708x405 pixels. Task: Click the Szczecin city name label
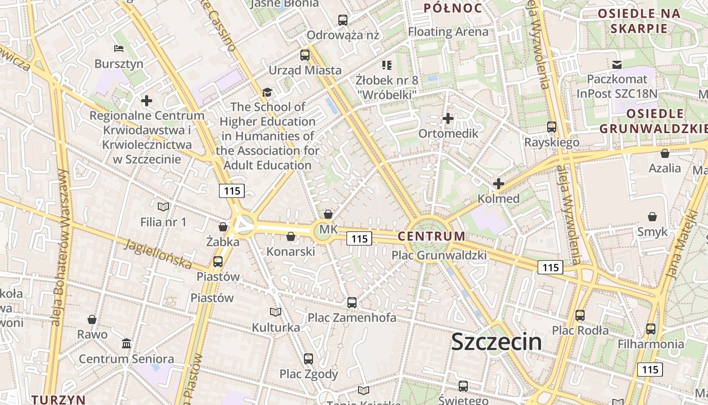click(496, 342)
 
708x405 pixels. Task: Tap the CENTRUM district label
click(431, 236)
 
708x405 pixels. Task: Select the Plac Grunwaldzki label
click(439, 255)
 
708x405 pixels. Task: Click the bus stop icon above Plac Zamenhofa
click(352, 303)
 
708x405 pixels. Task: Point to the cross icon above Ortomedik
click(448, 118)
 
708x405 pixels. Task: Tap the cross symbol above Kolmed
click(499, 184)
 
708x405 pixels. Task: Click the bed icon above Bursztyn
click(119, 49)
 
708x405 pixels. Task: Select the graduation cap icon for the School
click(267, 93)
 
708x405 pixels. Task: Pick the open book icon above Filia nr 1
click(163, 207)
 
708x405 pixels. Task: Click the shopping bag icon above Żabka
click(223, 227)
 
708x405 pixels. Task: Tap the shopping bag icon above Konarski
click(291, 236)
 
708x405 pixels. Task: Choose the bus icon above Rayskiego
click(552, 127)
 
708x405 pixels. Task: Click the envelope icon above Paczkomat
click(617, 64)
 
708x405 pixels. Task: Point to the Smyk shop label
click(652, 232)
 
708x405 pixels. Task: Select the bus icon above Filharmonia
click(651, 329)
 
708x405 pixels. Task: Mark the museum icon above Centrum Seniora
click(126, 344)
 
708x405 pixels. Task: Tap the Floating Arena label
click(448, 32)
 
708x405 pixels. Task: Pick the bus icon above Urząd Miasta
click(305, 55)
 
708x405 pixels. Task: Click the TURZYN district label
click(58, 399)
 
